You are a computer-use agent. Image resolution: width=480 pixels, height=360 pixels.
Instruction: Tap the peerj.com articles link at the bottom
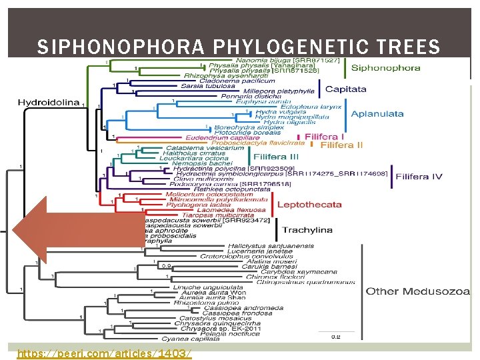[104, 353]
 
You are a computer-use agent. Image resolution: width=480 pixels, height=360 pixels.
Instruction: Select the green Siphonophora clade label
[385, 67]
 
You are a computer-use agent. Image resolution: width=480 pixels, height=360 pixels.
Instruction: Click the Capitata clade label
[345, 89]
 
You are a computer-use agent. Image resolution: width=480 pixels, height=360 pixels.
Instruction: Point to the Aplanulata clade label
[377, 113]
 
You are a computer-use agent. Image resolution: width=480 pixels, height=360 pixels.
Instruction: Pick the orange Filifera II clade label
[341, 145]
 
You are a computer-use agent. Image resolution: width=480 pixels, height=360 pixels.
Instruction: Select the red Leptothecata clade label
[309, 204]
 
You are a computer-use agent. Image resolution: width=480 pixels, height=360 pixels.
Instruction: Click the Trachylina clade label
[307, 230]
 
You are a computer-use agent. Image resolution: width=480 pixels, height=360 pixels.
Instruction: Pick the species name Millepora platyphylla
[279, 90]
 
